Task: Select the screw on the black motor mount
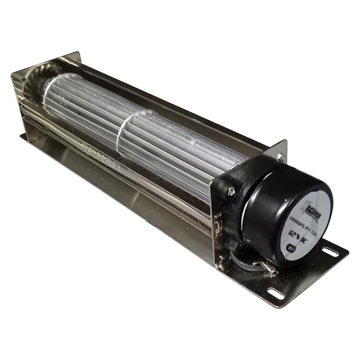[231, 191]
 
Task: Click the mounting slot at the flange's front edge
[276, 293]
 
